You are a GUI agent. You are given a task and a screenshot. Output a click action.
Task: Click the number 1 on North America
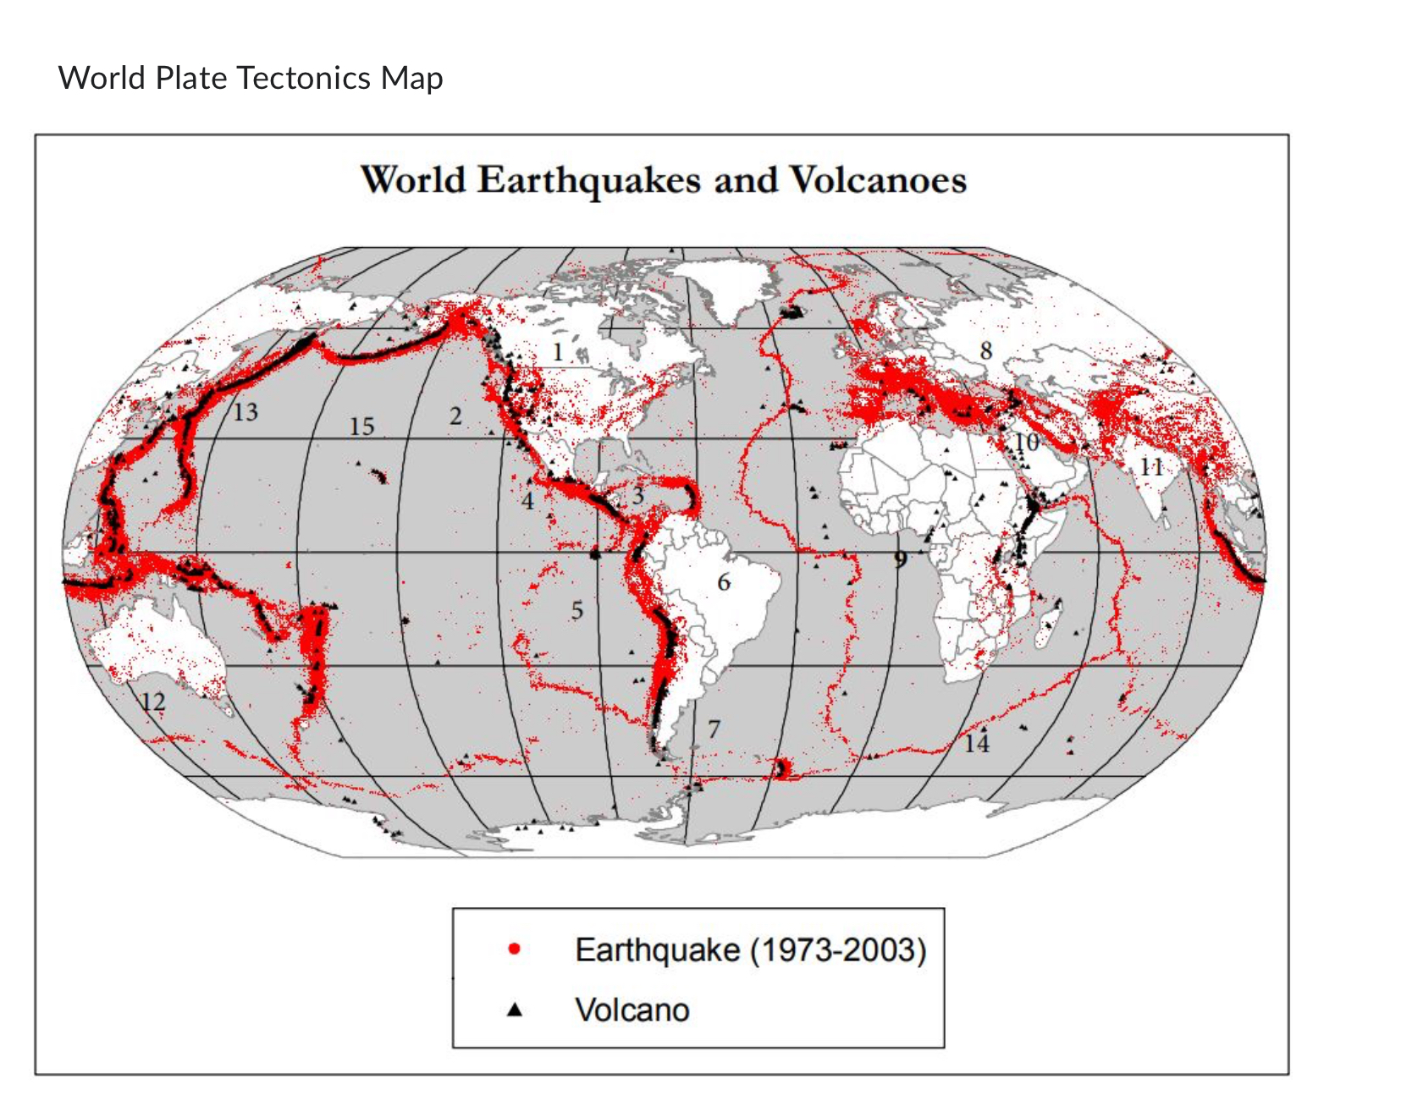point(557,352)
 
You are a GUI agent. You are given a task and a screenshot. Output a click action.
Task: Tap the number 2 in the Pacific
point(455,416)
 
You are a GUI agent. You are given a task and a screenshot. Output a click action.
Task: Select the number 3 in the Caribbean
point(637,496)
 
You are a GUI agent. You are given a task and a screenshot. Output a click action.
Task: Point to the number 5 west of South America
point(576,610)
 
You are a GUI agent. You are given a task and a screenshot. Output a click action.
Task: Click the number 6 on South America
point(724,582)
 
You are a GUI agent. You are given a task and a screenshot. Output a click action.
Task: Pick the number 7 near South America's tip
point(714,729)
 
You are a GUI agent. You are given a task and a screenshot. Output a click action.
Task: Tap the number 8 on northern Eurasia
point(985,350)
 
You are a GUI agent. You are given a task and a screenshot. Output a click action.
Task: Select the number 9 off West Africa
point(900,559)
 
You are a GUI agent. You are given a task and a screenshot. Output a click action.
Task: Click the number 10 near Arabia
point(1026,443)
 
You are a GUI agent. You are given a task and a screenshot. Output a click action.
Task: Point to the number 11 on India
point(1151,467)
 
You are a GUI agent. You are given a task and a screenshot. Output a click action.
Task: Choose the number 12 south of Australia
point(153,702)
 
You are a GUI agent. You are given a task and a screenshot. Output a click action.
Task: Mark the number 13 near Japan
point(245,412)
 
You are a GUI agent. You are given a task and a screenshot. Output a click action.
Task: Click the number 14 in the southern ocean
point(976,744)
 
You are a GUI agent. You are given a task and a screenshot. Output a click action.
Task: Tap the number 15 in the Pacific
point(361,426)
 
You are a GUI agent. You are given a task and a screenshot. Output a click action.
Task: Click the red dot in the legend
point(514,949)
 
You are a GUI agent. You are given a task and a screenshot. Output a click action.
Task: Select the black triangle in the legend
point(514,1010)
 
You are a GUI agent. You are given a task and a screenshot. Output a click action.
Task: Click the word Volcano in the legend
point(632,1010)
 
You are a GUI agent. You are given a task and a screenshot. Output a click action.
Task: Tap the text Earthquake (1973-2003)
point(750,949)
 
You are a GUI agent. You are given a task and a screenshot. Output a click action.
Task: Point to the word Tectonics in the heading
point(303,78)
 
